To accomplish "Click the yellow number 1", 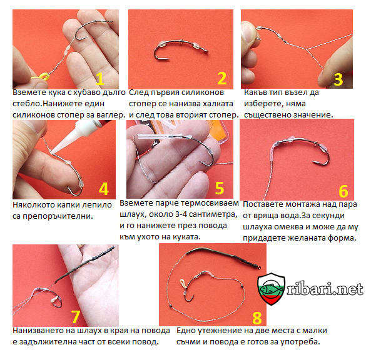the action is [x=100, y=79].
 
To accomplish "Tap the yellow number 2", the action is [x=222, y=78].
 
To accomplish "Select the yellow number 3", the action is [x=338, y=79].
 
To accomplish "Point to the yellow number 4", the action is [x=104, y=189].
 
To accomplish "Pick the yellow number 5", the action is [x=220, y=188].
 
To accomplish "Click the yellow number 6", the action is [x=343, y=191].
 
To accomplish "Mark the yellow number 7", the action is [x=76, y=316].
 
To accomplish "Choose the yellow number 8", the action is [x=257, y=318].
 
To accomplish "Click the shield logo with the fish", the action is [x=271, y=289].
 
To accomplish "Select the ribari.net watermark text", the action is [x=325, y=289].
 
